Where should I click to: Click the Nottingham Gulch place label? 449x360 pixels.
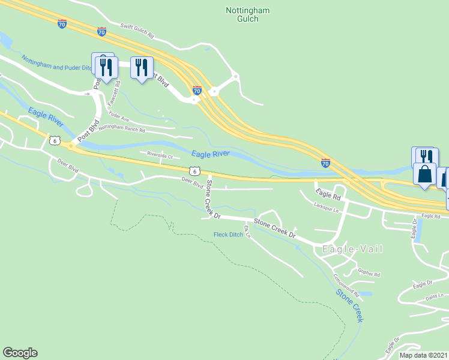(x=247, y=14)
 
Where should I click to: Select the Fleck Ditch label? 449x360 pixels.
(x=228, y=235)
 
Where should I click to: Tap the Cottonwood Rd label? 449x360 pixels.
(x=346, y=286)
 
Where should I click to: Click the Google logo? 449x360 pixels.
(x=20, y=353)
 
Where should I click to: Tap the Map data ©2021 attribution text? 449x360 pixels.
(x=423, y=356)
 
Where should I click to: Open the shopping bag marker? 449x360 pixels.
(x=424, y=175)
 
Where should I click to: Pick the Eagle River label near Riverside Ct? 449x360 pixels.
(x=210, y=154)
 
